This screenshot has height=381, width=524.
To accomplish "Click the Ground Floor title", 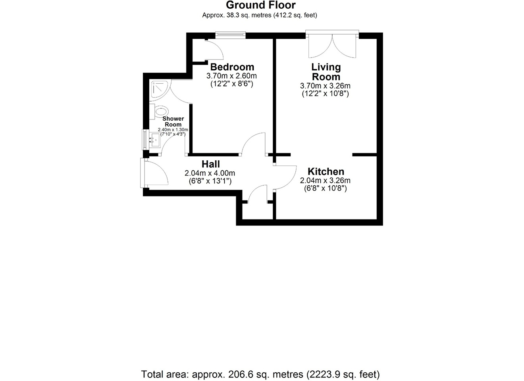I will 260,5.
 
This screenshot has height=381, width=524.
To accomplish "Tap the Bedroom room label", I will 232,67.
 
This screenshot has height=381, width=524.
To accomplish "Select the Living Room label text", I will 326,72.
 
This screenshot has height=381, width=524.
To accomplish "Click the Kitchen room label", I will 326,171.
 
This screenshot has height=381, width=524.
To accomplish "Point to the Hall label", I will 210,164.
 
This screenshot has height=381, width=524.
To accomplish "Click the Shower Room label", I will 173,121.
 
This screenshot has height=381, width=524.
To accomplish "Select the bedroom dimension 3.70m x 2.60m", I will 231,76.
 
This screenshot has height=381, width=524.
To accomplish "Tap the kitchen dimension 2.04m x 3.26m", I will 325,181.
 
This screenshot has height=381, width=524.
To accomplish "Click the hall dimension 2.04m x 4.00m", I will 210,173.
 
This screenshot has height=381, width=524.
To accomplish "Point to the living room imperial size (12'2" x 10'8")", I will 325,94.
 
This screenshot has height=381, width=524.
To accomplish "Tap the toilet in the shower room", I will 160,112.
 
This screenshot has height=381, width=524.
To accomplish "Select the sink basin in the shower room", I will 155,140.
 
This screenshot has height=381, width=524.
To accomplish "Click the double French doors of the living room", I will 332,44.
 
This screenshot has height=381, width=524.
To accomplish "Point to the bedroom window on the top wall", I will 231,35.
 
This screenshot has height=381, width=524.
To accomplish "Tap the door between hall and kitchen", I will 285,177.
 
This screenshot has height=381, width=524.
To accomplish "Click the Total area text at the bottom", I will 260,374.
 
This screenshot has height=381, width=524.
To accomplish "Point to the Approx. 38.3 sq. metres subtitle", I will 260,15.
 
